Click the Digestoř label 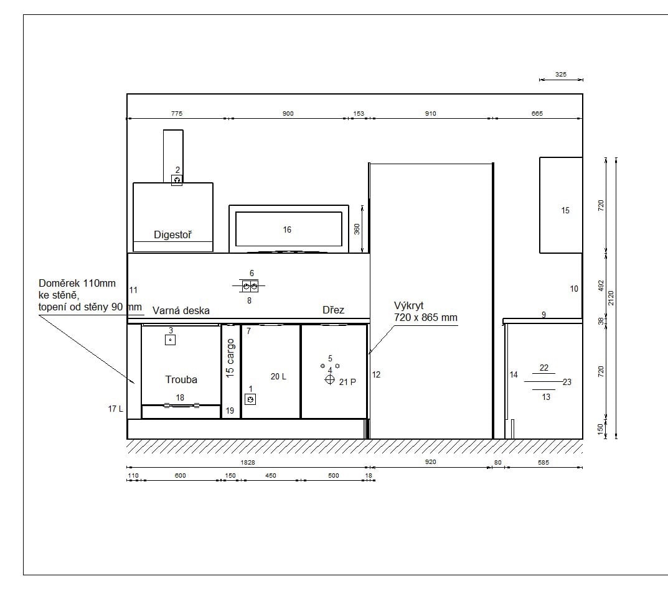coord(172,234)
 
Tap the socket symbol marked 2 coord(177,180)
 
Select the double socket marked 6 coord(250,286)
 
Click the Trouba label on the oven coord(181,379)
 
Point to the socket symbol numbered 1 coord(250,399)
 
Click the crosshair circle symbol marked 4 coord(330,379)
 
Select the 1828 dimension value coord(248,462)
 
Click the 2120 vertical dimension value coord(611,298)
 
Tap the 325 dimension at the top coord(561,75)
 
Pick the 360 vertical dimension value coord(357,229)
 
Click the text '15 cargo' coord(230,358)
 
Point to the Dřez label coord(333,310)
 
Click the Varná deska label coord(181,311)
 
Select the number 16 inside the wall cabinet coord(287,230)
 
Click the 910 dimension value coord(430,114)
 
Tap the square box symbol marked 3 coord(170,340)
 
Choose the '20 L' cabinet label coord(278,376)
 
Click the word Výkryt coord(408,306)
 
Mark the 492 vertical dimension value coord(601,285)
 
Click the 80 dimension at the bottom coord(497,463)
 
